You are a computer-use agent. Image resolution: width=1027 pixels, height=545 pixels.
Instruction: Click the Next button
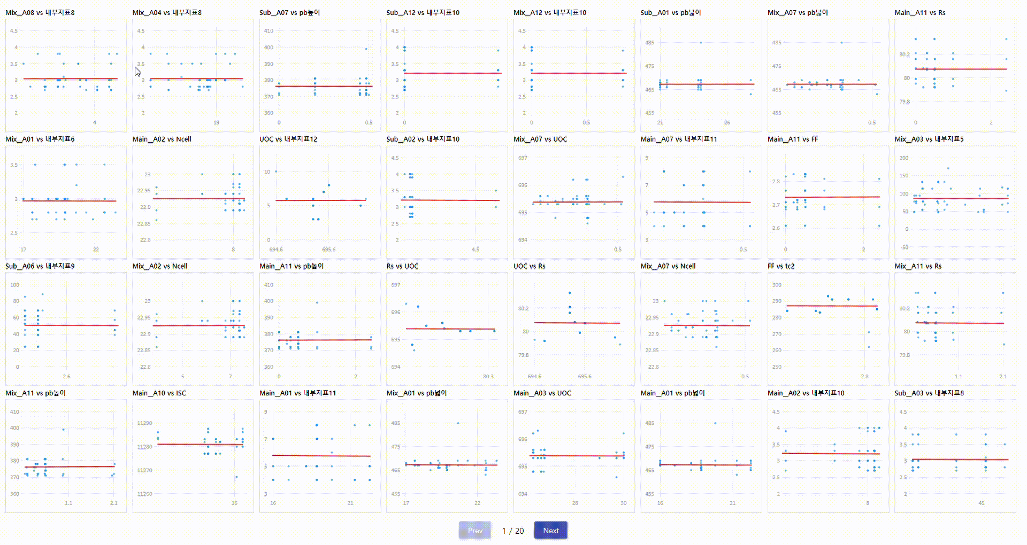(x=550, y=531)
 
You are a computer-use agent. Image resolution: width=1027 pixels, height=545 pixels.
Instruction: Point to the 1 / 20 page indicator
(x=512, y=531)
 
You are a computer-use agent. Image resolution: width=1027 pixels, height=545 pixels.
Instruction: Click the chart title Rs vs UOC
(x=402, y=266)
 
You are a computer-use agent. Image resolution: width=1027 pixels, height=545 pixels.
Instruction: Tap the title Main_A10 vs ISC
(x=159, y=393)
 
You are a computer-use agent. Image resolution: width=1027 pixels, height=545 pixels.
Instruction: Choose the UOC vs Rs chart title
(x=529, y=266)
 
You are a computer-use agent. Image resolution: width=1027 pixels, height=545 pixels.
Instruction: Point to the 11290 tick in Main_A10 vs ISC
(x=144, y=423)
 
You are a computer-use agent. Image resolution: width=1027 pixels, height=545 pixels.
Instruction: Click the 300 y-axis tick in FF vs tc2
(x=777, y=285)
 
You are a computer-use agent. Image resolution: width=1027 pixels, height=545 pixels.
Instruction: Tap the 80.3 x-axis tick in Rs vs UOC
(x=488, y=377)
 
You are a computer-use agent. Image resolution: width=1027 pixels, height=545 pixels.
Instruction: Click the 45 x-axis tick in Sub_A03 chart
(x=981, y=503)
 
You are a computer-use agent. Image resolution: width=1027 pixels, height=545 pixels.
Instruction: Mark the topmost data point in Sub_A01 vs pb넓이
(x=701, y=43)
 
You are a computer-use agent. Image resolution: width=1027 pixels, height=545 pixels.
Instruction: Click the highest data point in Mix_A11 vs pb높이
(x=63, y=429)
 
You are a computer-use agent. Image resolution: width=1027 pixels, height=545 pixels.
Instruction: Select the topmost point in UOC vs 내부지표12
(x=276, y=172)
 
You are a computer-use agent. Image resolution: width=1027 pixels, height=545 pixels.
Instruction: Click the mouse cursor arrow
(x=137, y=72)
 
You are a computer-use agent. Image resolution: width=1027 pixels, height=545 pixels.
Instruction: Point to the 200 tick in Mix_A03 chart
(x=903, y=158)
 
